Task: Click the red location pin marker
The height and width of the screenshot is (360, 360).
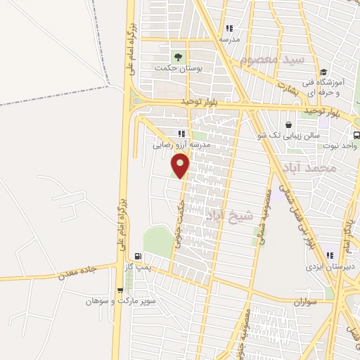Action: (x=181, y=165)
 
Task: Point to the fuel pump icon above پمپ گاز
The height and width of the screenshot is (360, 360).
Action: (x=138, y=257)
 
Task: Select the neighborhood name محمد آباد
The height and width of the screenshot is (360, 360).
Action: (x=310, y=169)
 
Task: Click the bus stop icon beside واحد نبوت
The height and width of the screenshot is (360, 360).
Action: (x=356, y=134)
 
